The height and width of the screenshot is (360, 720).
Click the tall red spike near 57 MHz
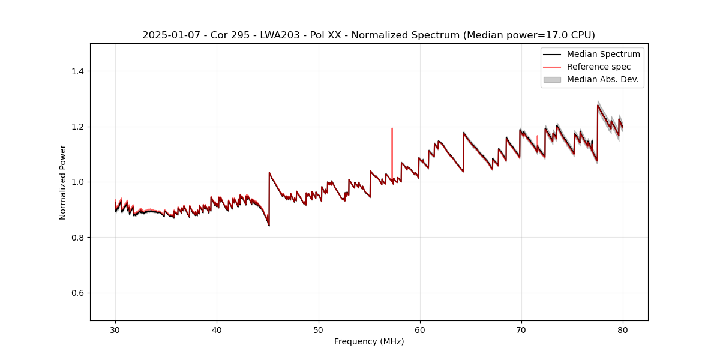tap(392, 150)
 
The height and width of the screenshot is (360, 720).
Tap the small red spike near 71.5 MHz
tap(537, 140)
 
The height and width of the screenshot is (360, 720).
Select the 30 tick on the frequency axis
tap(115, 329)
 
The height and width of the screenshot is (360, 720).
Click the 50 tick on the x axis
tap(319, 329)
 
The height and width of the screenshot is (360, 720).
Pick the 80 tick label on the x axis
tap(623, 329)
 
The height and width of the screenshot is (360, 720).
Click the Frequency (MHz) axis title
tap(369, 341)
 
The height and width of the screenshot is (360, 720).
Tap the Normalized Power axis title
tap(63, 182)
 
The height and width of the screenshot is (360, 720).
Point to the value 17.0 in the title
tap(548, 35)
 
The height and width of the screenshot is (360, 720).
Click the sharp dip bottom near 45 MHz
tap(269, 225)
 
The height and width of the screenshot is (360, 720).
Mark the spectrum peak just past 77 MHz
tap(598, 106)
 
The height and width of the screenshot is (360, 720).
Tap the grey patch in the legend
tap(552, 79)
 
